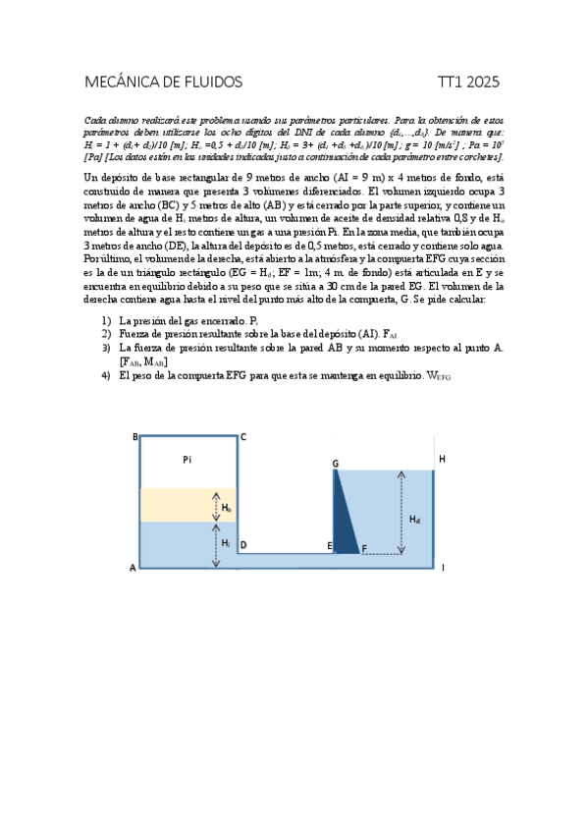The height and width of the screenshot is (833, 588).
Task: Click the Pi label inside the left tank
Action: coord(188,459)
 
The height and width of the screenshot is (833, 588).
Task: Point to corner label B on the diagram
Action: coord(134,437)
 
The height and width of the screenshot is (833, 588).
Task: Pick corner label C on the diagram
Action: coord(242,437)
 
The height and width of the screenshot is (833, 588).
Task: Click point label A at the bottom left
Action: coord(133,567)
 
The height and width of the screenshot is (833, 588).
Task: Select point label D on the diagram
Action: coord(243,544)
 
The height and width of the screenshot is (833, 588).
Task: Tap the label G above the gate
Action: coord(335,463)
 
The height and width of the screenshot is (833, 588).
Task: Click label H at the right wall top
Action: coord(442,459)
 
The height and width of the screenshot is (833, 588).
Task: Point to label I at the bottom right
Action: coord(443,567)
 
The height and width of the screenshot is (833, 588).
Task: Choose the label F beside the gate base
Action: coord(364,548)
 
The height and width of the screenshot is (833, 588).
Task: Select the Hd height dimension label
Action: coord(415,519)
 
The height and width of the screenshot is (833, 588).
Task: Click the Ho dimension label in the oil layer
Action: coord(227,508)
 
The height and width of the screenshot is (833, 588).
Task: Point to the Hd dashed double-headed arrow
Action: coord(400,511)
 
